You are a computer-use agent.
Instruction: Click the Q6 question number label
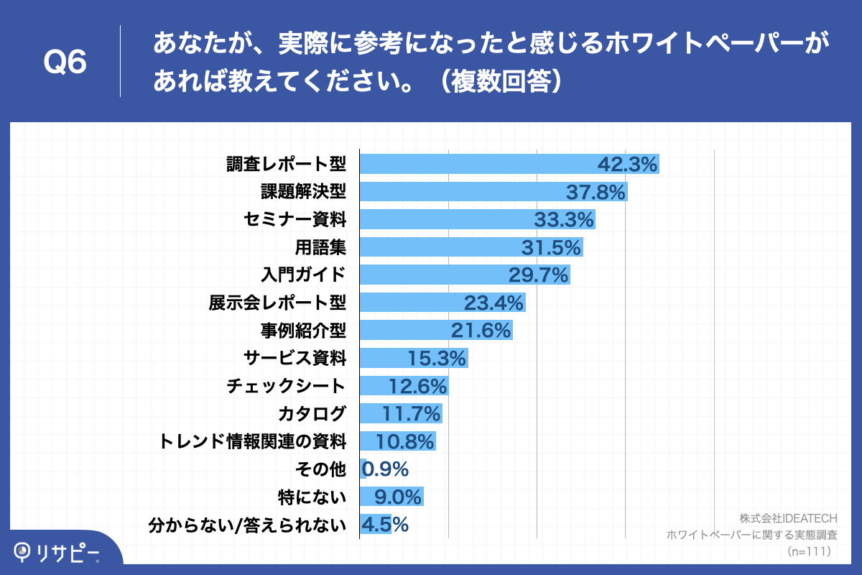65,63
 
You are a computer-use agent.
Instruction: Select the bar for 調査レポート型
474,164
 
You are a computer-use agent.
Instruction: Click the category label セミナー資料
295,220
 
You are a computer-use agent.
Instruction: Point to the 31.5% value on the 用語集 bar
550,248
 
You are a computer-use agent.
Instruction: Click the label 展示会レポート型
277,303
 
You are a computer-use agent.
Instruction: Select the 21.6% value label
481,331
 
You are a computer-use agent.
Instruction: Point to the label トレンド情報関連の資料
252,441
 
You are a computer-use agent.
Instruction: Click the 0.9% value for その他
386,469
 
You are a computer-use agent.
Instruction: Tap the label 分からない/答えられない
247,525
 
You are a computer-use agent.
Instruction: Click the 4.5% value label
385,525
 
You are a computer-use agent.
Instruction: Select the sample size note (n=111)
810,551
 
